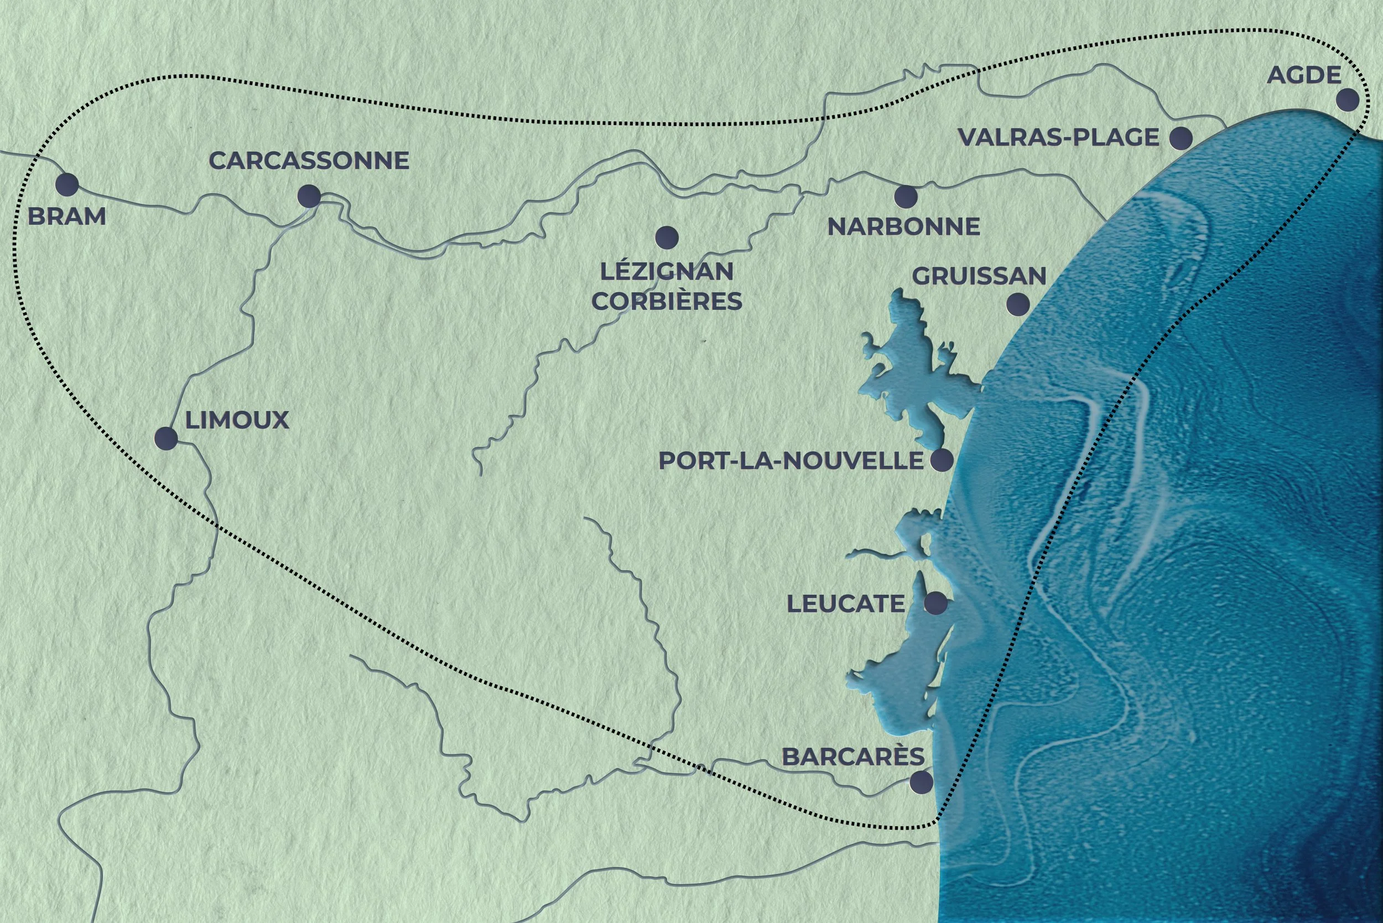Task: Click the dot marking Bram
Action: (x=66, y=185)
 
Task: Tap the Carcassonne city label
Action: (x=309, y=161)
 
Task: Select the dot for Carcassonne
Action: (x=309, y=196)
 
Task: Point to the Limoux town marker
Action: (x=165, y=439)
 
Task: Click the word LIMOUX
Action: (x=237, y=421)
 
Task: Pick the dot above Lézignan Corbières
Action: (x=667, y=237)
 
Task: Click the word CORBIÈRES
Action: (x=667, y=302)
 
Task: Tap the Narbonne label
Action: (x=903, y=227)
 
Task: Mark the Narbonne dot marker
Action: (x=906, y=197)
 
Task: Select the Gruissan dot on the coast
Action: (x=1018, y=304)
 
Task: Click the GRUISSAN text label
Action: (x=979, y=276)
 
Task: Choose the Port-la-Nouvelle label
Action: (x=791, y=461)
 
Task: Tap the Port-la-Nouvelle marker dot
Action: (x=942, y=460)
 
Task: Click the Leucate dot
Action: (x=935, y=603)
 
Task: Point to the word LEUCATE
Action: (x=845, y=604)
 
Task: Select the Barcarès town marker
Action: (x=921, y=783)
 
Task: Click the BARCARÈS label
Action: (x=853, y=758)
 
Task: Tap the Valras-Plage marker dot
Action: (x=1181, y=138)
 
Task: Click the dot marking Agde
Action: (x=1348, y=100)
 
